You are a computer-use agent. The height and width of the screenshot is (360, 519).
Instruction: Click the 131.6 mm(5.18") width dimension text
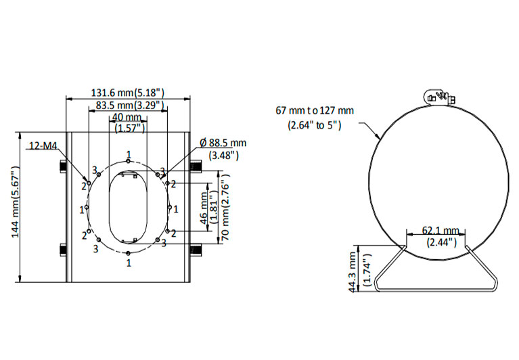[x=128, y=93]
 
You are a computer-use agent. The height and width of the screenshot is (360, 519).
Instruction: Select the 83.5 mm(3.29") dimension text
[x=130, y=105]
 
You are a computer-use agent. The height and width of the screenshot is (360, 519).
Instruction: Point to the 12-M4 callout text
[x=43, y=145]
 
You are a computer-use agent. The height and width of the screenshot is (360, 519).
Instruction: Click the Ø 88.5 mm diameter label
[x=223, y=143]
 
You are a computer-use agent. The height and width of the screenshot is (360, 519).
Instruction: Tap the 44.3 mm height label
[x=353, y=272]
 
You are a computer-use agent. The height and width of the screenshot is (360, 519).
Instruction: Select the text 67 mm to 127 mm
[x=315, y=110]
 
